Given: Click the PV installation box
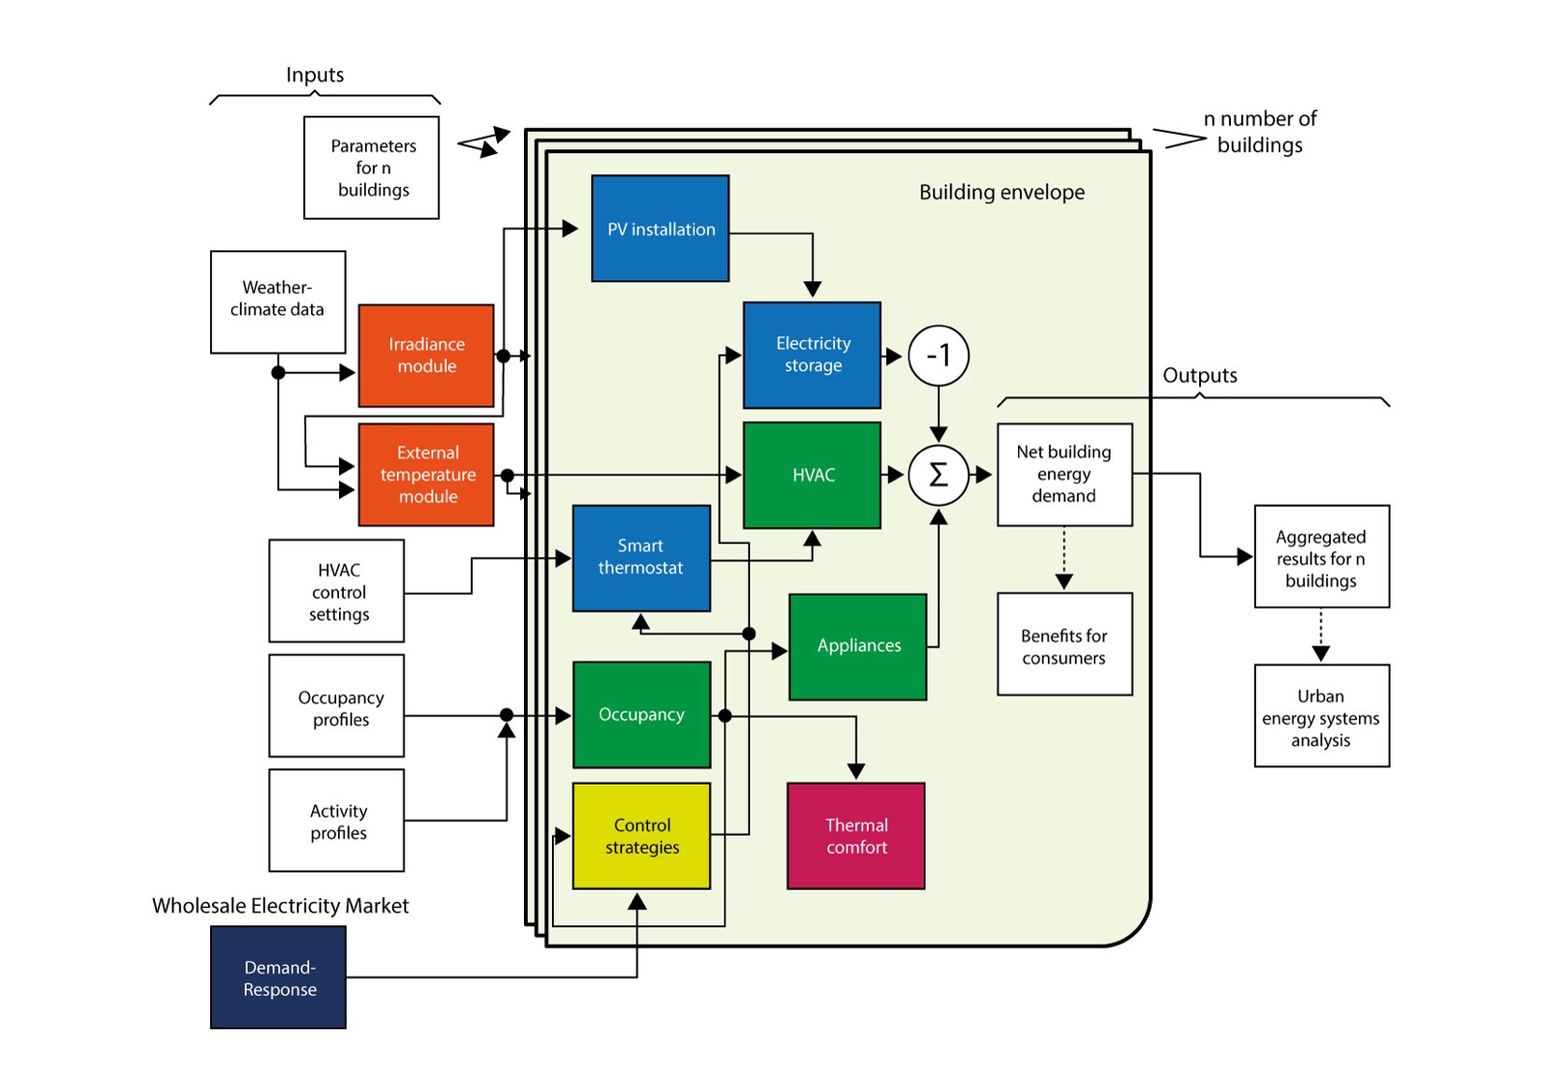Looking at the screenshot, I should coord(660,228).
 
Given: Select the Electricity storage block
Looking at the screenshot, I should coord(812,354).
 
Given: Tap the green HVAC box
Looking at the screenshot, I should coord(812,475).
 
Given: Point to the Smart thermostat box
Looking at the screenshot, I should coord(641,557).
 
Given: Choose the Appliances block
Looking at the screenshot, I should coord(857,646).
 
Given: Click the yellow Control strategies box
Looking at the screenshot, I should coord(641,836).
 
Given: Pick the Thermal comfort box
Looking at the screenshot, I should coord(855,836).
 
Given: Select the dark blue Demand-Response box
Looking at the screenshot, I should coord(278,977).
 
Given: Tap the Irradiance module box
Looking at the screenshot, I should coord(426,355).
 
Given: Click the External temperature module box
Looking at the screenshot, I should coord(426,475).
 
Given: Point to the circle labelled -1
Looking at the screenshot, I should coord(938,355).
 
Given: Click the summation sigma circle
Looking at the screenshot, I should coord(938,475).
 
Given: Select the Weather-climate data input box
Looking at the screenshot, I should coord(277,301).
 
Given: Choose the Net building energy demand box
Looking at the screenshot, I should coord(1064,474).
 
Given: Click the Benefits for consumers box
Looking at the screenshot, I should coord(1064,644).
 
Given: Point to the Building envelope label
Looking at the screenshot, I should coord(1002,192).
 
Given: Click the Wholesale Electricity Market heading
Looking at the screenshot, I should coord(280,906).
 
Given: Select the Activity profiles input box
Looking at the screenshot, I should coord(336,820).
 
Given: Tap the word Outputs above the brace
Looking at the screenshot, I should coord(1199,376).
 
